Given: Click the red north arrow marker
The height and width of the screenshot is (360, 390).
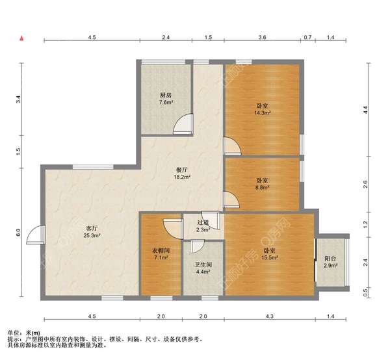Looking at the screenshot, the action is [22, 38].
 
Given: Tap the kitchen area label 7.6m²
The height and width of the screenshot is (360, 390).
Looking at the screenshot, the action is [166, 99].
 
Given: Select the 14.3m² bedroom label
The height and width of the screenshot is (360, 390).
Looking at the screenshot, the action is [262, 109].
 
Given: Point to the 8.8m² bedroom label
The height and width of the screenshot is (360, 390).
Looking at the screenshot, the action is [262, 184].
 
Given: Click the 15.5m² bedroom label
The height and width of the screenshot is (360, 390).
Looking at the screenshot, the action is [269, 254].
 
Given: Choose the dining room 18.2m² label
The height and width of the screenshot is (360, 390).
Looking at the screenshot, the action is [182, 174].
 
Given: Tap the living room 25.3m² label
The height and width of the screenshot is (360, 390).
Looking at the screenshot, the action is [92, 232].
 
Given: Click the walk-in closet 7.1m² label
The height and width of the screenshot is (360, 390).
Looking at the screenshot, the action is [161, 254].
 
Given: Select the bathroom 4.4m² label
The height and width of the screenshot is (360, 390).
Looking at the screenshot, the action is [203, 268].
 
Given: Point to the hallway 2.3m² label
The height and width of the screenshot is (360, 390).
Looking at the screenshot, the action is [203, 226].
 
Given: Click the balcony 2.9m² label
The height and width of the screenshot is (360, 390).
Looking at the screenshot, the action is [330, 262].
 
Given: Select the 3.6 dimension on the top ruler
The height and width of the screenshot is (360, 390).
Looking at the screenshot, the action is [262, 37].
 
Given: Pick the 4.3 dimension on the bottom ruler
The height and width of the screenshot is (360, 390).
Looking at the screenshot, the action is [269, 316].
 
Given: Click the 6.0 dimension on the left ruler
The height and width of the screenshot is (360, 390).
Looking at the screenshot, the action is [18, 232].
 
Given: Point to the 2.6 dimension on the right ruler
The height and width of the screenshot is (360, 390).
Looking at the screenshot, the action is [365, 185].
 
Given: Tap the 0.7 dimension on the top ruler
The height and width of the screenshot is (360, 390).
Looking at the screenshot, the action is [307, 37].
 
